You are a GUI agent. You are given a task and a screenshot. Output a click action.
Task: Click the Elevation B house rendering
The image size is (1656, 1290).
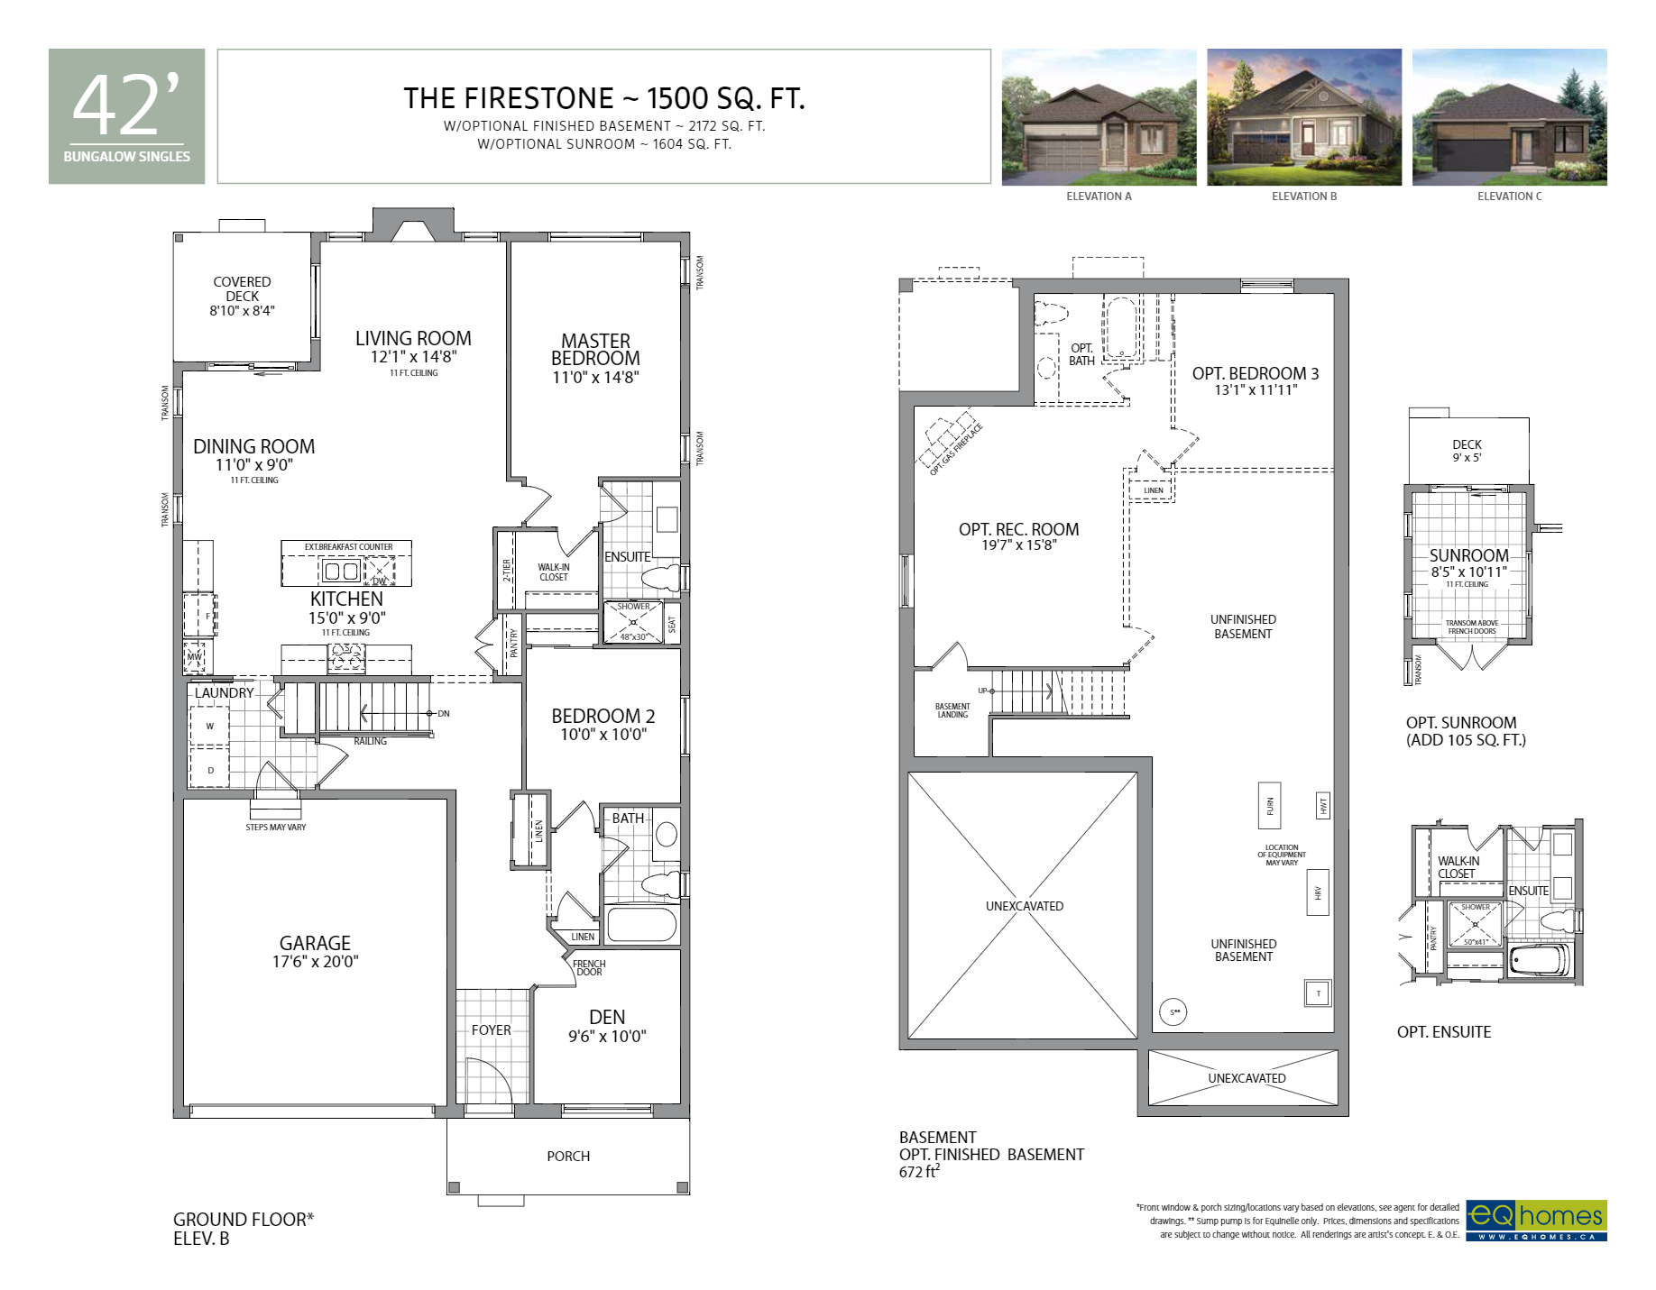(1303, 117)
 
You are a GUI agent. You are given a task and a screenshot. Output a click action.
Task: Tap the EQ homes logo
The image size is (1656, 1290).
(1535, 1220)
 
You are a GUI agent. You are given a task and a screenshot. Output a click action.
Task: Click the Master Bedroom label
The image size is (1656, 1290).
(595, 350)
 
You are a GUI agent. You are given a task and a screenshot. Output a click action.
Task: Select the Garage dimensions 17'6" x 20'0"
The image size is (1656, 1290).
(315, 962)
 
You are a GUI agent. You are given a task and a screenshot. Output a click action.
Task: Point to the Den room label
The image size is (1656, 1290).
(607, 1017)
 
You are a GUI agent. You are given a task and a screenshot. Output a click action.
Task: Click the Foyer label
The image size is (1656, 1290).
(491, 1029)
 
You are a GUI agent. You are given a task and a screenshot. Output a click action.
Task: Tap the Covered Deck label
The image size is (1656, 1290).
(242, 288)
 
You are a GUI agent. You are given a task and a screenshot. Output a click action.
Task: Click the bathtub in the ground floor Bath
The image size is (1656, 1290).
(641, 925)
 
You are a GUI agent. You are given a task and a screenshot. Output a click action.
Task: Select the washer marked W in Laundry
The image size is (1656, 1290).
(209, 727)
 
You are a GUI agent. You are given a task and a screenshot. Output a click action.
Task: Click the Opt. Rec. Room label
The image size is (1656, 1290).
(1018, 529)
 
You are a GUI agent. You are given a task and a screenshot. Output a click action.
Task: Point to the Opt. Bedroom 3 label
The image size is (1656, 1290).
(1255, 373)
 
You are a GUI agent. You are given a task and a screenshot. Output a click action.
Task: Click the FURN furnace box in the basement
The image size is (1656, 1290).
(1270, 804)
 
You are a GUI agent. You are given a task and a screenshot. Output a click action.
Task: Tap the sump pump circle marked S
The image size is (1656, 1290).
(1173, 1012)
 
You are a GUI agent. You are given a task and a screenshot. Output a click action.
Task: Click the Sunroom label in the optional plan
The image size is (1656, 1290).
(1468, 555)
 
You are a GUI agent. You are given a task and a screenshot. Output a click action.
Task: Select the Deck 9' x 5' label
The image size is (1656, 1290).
(1467, 451)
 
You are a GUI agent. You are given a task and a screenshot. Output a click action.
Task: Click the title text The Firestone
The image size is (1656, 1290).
(509, 98)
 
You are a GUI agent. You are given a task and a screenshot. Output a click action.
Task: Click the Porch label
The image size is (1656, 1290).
(568, 1156)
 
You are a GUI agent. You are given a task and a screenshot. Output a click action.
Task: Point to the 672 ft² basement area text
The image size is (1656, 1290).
(919, 1172)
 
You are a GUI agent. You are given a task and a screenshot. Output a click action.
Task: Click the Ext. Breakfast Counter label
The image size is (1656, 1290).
(348, 546)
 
